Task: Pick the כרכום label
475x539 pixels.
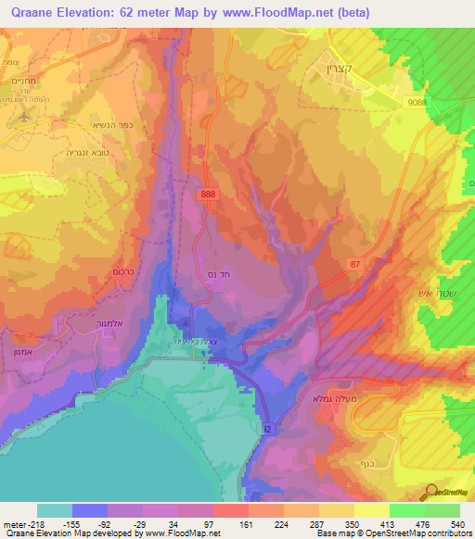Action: tap(102, 275)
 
